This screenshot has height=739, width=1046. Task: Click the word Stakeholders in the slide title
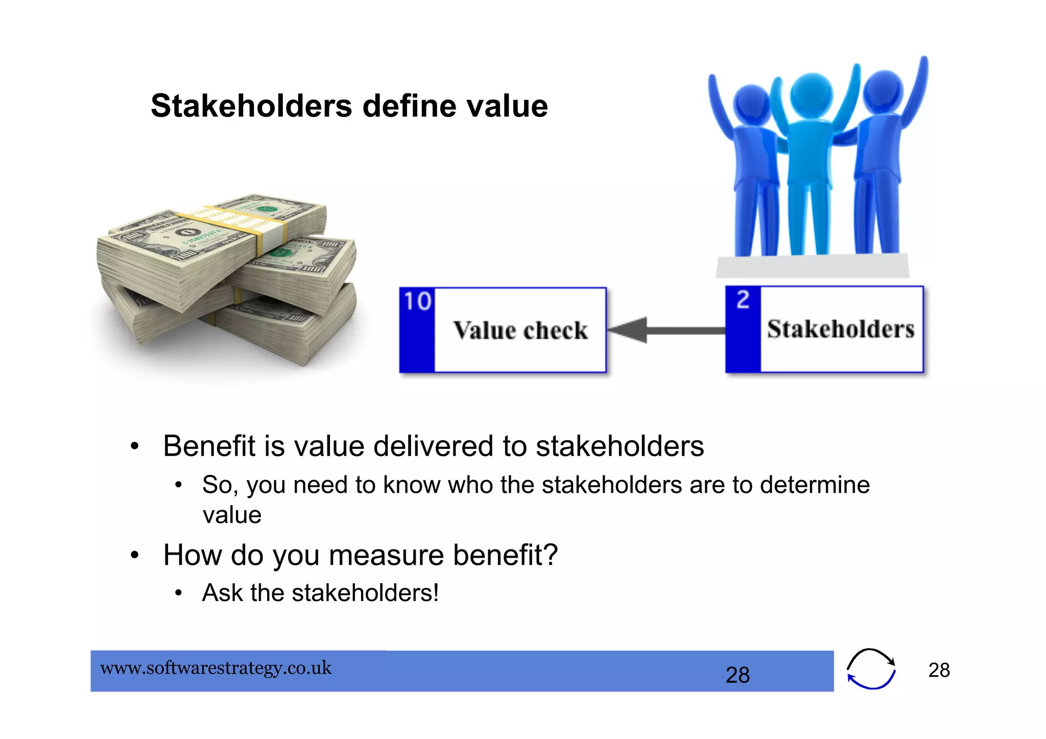tap(251, 106)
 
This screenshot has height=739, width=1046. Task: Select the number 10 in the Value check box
tap(417, 301)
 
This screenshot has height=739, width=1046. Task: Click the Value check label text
tap(520, 330)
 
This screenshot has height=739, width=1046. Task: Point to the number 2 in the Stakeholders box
tap(743, 299)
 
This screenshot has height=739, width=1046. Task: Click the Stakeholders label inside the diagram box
tap(841, 329)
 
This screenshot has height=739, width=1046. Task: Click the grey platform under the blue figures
tap(812, 266)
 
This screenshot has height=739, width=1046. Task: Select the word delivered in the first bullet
tap(434, 446)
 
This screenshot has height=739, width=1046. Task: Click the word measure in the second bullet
tap(386, 555)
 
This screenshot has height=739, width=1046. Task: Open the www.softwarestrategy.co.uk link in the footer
tap(216, 668)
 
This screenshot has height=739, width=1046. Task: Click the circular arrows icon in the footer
tap(871, 669)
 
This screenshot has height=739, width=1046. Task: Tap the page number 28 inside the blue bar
tap(738, 675)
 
